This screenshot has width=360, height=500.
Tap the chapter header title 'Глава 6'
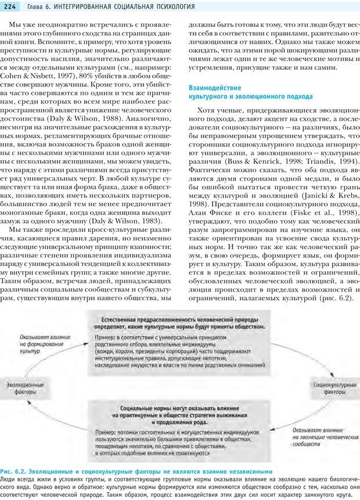tap(34, 7)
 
